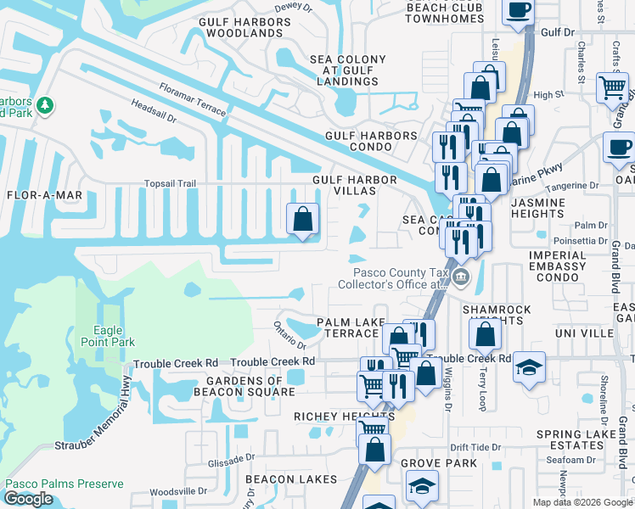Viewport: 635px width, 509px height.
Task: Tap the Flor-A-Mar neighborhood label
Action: pos(44,195)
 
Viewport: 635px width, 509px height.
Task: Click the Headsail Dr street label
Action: pos(154,111)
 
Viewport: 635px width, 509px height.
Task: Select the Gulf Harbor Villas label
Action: pos(355,186)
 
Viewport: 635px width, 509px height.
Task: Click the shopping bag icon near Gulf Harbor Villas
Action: pos(303,220)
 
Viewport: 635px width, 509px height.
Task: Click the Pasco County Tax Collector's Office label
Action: pos(400,279)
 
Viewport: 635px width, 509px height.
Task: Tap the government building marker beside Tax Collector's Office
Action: pos(459,277)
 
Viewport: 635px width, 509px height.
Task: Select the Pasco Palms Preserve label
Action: pos(65,484)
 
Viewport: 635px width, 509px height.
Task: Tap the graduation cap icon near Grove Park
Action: pos(420,486)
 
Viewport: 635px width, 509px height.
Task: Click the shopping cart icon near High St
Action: pos(611,87)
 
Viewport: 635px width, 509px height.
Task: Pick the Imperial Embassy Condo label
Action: pos(557,260)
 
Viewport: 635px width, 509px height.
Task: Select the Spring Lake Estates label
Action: pos(582,440)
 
